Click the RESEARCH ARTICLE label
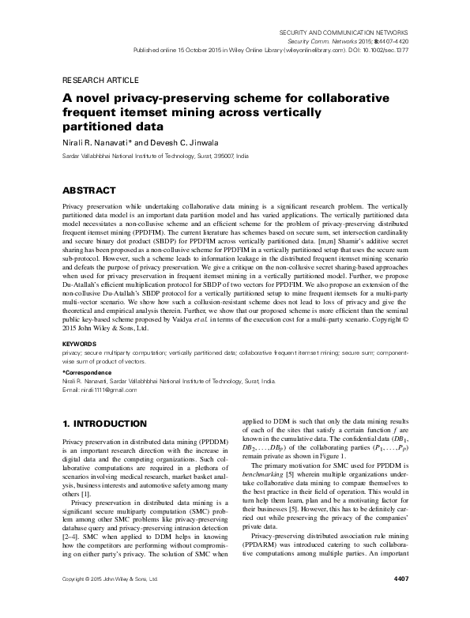coord(100,80)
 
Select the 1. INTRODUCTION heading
coord(103,424)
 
